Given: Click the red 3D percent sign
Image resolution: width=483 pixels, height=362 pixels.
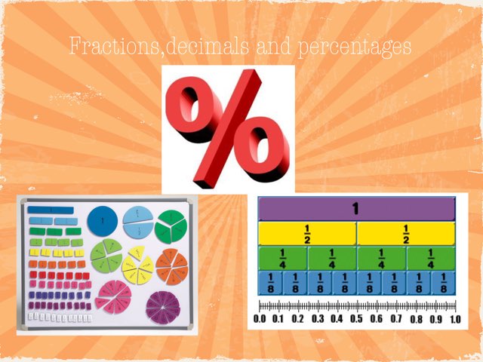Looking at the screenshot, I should tap(227, 128).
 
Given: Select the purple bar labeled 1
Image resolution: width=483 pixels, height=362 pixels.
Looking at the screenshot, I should tap(357, 209).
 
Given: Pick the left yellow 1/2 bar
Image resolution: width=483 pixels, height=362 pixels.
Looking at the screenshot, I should tap(307, 233).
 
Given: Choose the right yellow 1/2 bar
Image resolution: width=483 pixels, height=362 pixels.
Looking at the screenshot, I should tap(406, 233).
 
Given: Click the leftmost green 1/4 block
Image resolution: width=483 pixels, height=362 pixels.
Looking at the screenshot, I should tap(282, 258).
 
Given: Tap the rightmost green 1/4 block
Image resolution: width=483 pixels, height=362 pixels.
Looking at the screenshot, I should tap(431, 258).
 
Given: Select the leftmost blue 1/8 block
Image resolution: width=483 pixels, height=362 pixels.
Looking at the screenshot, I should tap(270, 283).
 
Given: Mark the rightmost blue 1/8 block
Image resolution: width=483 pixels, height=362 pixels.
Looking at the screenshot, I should tap(444, 283).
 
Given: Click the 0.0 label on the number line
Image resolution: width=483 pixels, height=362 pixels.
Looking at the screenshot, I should tap(260, 319).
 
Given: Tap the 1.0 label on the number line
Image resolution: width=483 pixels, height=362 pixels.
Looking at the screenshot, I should tap(454, 319).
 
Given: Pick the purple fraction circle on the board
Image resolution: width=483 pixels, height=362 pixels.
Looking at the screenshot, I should tap(161, 305).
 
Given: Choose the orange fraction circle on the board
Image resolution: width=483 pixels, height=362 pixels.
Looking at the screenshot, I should tap(171, 266).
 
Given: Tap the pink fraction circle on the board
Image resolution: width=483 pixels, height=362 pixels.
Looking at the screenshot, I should tap(112, 296).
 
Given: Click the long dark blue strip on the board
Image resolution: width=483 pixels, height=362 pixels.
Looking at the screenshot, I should tap(51, 210).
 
